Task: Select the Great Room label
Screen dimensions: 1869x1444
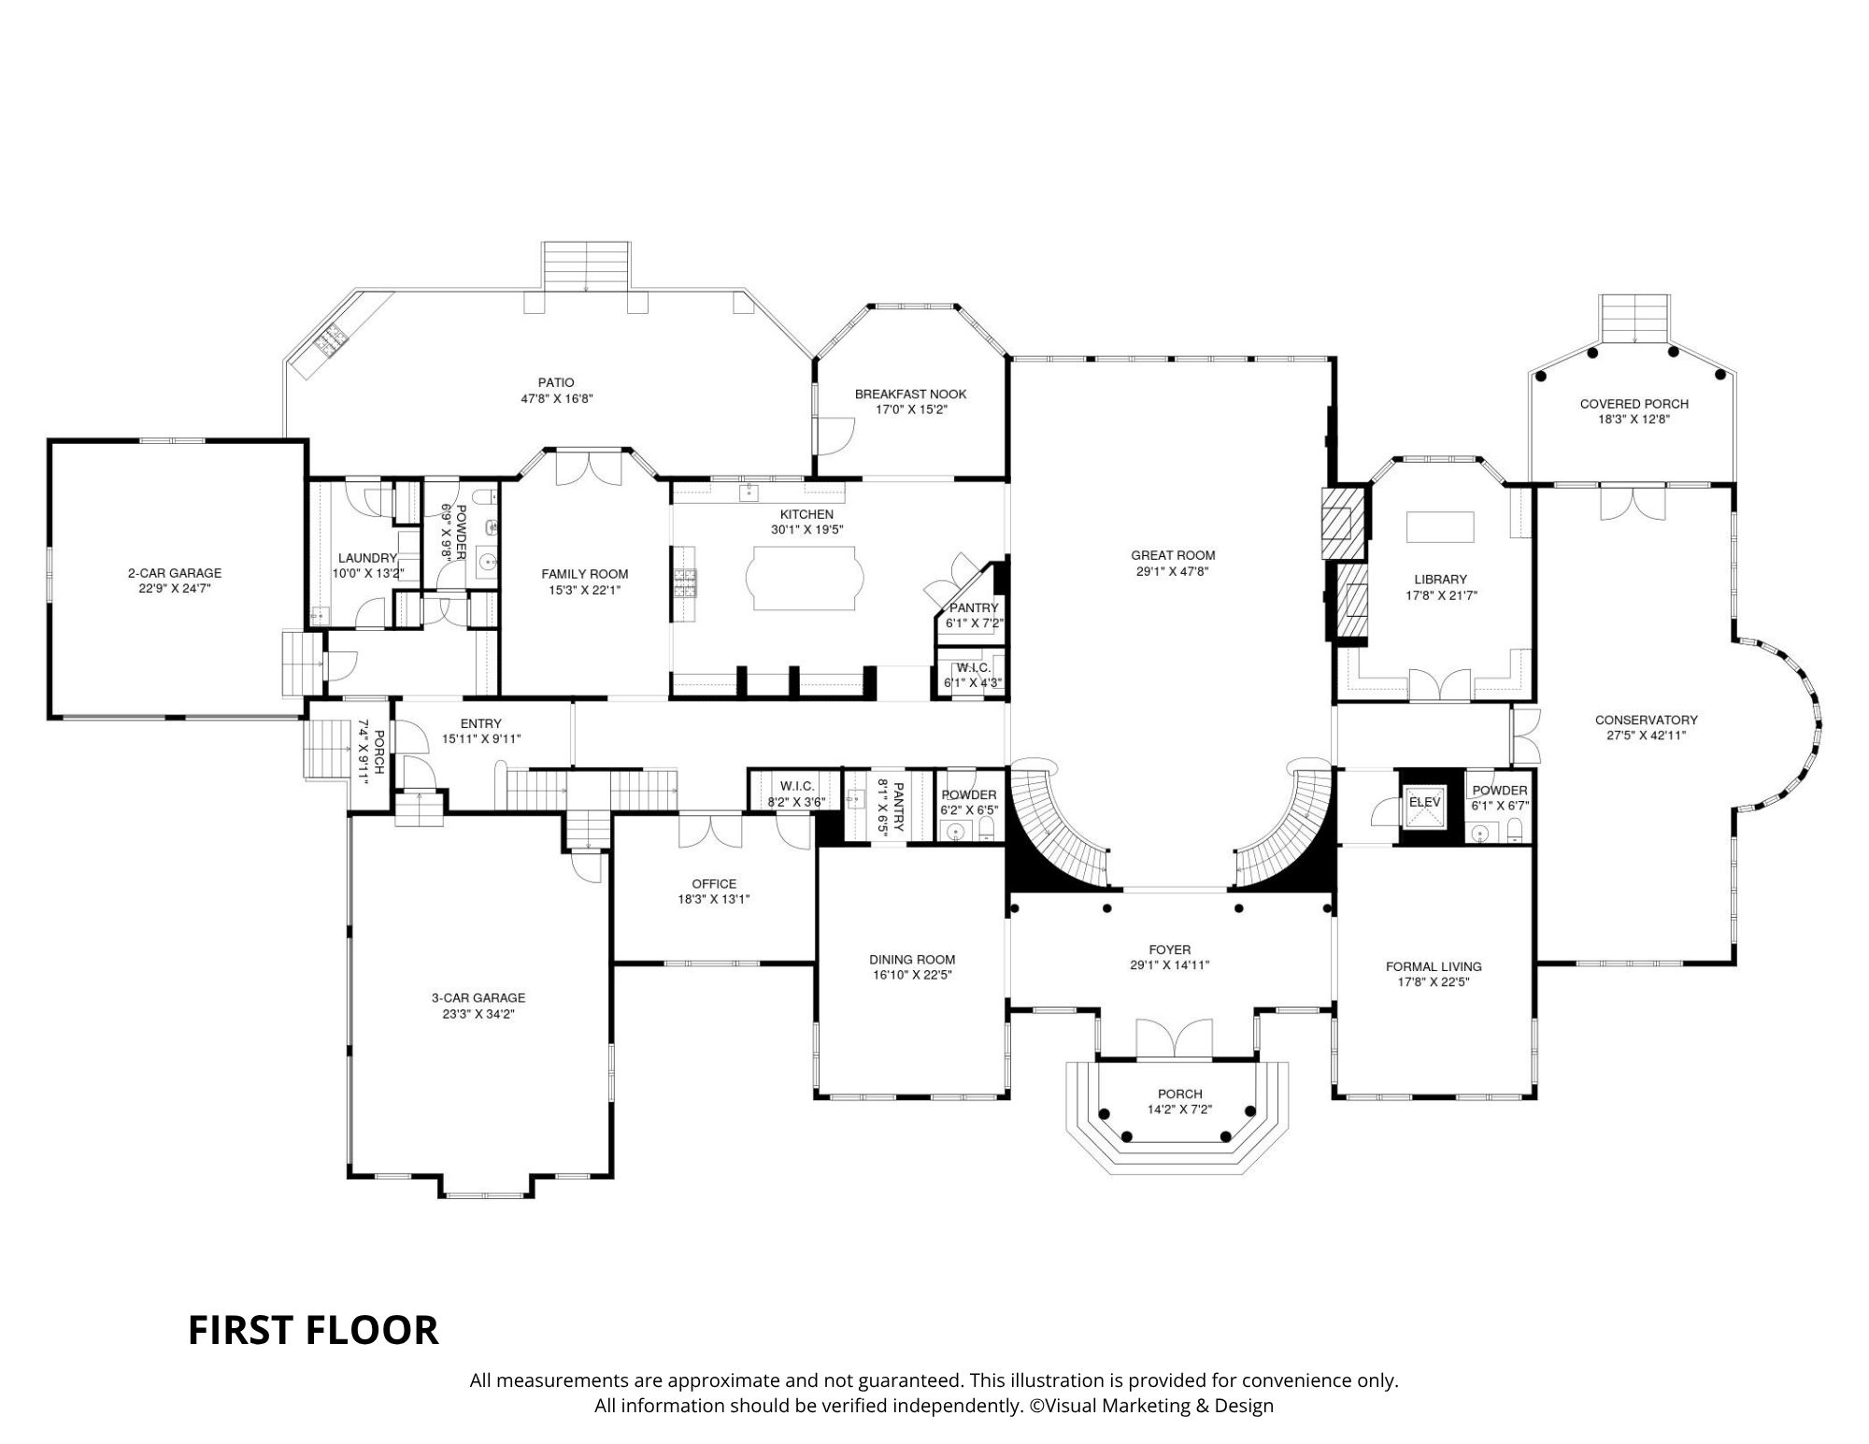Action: (x=1173, y=555)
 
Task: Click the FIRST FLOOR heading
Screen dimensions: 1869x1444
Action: (x=313, y=1330)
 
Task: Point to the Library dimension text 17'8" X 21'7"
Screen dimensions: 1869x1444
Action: (x=1440, y=595)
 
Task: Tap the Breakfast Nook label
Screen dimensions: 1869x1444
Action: (x=910, y=394)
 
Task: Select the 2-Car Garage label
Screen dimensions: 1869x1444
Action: (x=175, y=573)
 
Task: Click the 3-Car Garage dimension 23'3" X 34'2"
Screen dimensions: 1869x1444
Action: (x=478, y=1013)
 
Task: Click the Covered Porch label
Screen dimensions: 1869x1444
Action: (x=1634, y=404)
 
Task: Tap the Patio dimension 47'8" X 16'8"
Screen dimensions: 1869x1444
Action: (x=557, y=398)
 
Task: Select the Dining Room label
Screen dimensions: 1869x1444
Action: (x=912, y=960)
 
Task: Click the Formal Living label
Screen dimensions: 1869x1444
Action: (x=1434, y=966)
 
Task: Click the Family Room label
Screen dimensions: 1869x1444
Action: (x=585, y=575)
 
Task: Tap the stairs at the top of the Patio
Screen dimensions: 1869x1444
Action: (x=587, y=266)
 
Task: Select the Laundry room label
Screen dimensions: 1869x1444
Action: (x=367, y=558)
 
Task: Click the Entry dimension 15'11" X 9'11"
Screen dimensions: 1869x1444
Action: (x=481, y=738)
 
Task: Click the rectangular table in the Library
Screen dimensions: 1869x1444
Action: (x=1440, y=526)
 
